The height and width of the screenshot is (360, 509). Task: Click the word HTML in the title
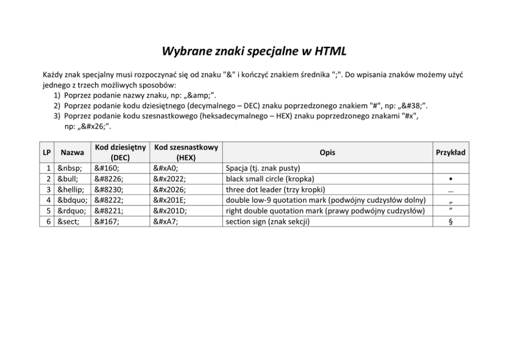coord(330,51)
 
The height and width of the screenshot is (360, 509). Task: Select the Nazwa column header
coord(72,153)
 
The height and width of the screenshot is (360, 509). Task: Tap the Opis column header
coord(327,153)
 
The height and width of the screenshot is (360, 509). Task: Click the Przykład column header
coord(451,153)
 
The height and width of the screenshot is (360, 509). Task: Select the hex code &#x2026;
coord(169,190)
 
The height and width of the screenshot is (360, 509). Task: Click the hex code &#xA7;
coord(165,222)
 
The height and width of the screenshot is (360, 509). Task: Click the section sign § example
coord(450,222)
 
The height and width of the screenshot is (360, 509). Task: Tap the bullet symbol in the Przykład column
coord(450,179)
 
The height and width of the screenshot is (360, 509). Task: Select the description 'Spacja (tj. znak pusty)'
coord(263,168)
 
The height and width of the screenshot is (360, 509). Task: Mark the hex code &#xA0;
coord(165,168)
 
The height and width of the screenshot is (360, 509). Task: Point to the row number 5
coord(47,211)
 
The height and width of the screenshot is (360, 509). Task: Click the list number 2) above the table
coord(57,106)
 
